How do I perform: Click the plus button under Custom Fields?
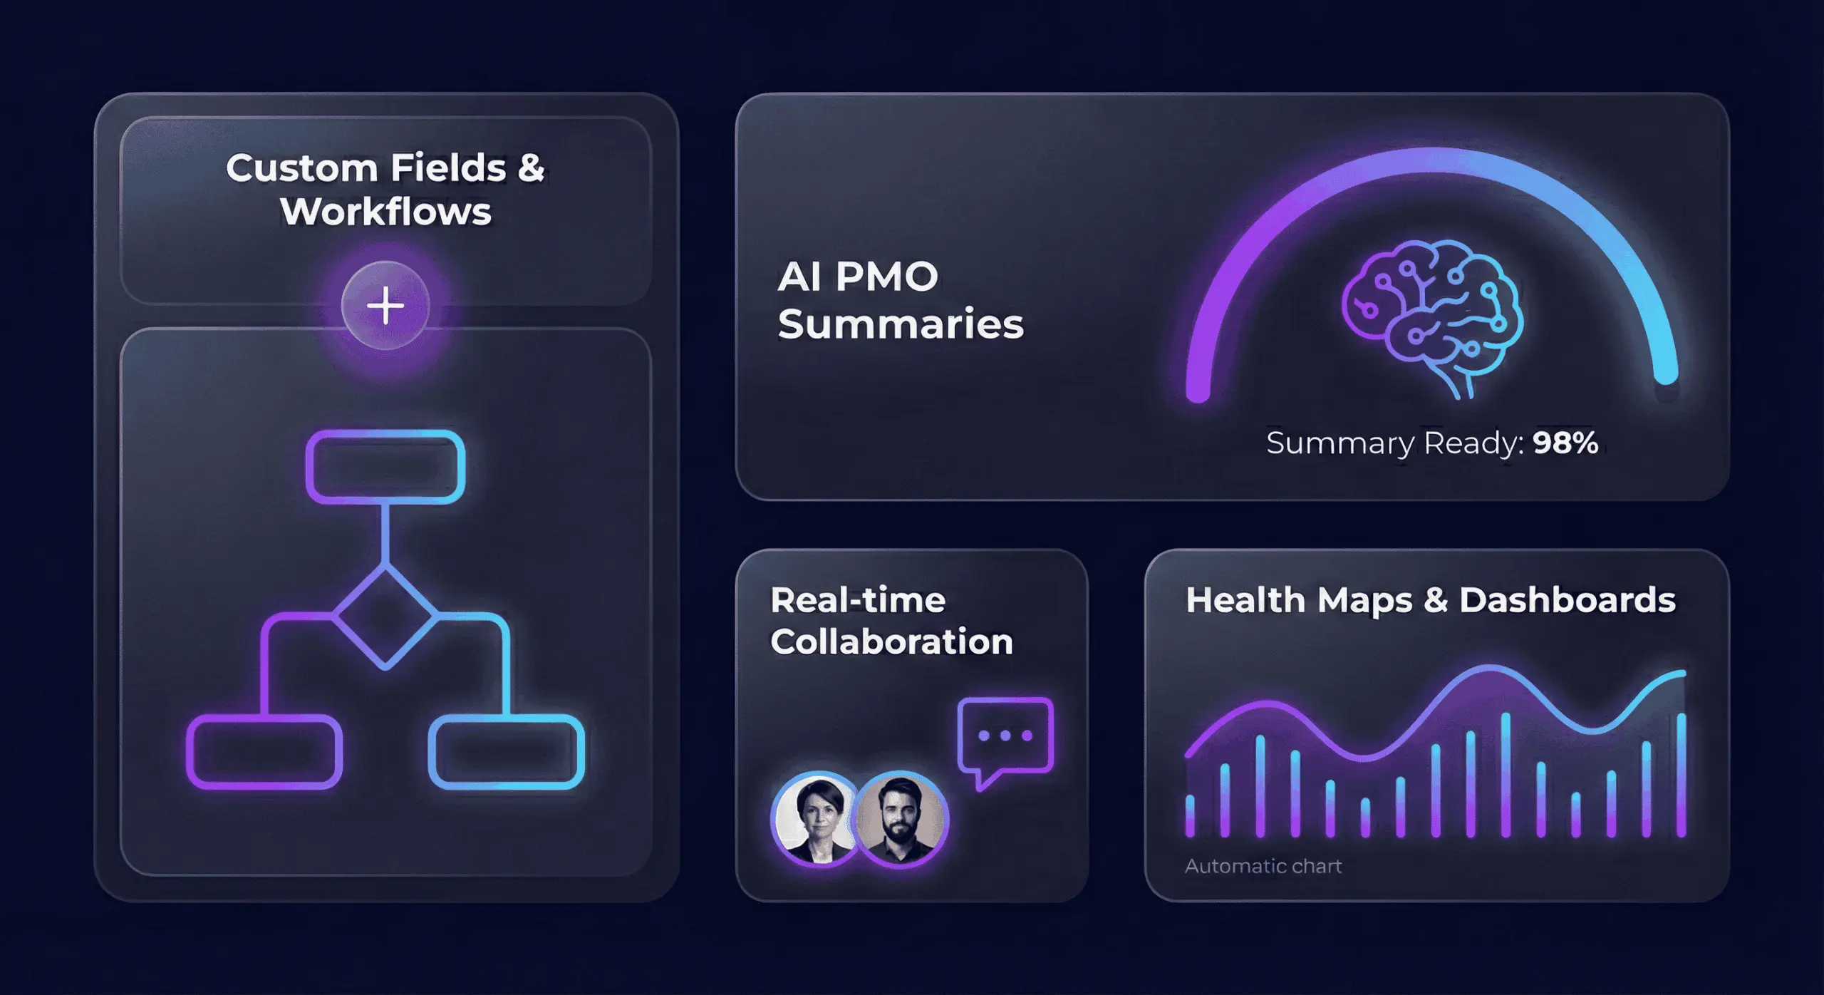point(385,306)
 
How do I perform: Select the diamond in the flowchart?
point(385,617)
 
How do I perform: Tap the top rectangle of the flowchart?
point(385,467)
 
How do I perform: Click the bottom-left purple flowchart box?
point(264,751)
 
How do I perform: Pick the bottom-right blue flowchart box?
point(507,751)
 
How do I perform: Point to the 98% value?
point(1565,443)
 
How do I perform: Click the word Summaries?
point(901,324)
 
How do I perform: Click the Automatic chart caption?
point(1263,866)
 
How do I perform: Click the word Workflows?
point(385,212)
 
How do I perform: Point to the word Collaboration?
point(891,641)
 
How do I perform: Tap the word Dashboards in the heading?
point(1567,600)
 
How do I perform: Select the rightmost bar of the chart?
point(1681,775)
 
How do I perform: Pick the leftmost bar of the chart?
point(1190,816)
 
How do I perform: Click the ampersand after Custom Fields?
point(531,168)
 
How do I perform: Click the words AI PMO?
point(858,277)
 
